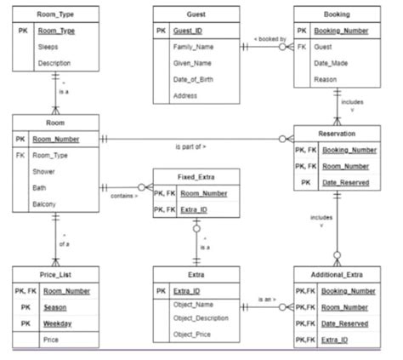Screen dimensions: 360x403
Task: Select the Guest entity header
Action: pyautogui.click(x=196, y=14)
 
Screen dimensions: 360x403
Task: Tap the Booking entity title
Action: pyautogui.click(x=336, y=14)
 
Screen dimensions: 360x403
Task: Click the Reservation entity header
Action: pyautogui.click(x=337, y=134)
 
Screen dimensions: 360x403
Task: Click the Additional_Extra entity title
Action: pyautogui.click(x=337, y=275)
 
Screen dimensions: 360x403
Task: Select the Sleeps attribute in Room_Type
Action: pyautogui.click(x=47, y=48)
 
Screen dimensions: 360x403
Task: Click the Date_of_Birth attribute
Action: pyautogui.click(x=195, y=79)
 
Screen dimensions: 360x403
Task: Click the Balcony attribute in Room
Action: pyautogui.click(x=45, y=204)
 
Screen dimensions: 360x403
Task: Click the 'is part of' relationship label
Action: pyautogui.click(x=191, y=146)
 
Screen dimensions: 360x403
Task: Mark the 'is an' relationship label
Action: pyautogui.click(x=268, y=300)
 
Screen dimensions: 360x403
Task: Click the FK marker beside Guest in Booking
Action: pyautogui.click(x=303, y=48)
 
